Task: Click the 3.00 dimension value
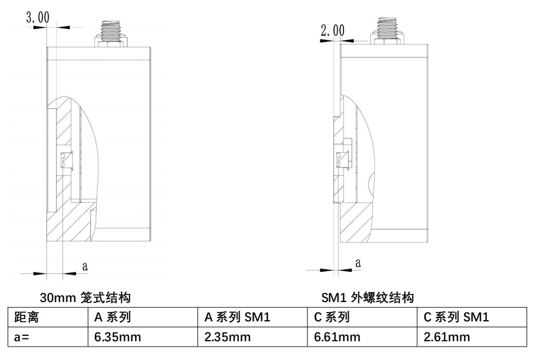click(38, 17)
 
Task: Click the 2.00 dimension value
click(333, 31)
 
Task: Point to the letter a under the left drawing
click(85, 266)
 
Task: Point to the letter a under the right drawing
click(358, 263)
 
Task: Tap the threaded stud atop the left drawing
click(111, 33)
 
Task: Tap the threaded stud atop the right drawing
click(387, 31)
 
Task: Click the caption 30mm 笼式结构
click(85, 297)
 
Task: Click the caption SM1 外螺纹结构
click(368, 297)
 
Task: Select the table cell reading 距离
click(26, 317)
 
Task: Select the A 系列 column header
click(113, 317)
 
